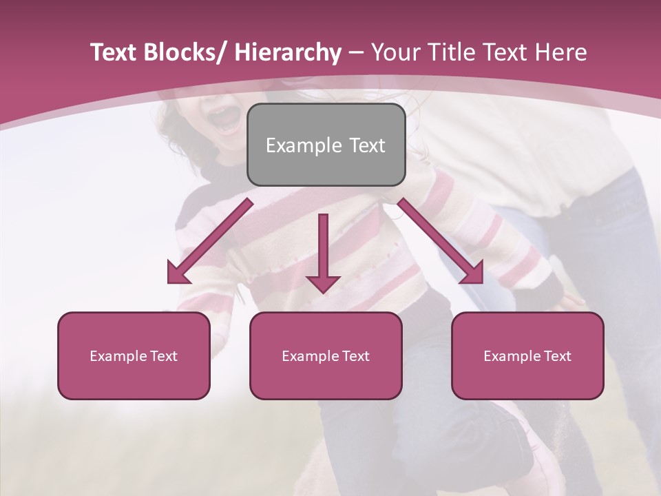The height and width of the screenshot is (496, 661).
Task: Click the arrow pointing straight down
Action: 323,248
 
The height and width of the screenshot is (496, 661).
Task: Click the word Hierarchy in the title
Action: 288,52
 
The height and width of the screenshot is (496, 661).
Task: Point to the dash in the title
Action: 356,52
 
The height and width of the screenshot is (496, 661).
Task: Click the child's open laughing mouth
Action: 224,118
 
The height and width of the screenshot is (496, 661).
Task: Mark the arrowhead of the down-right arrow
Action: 474,274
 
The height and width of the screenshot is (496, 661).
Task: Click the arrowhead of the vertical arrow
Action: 323,284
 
